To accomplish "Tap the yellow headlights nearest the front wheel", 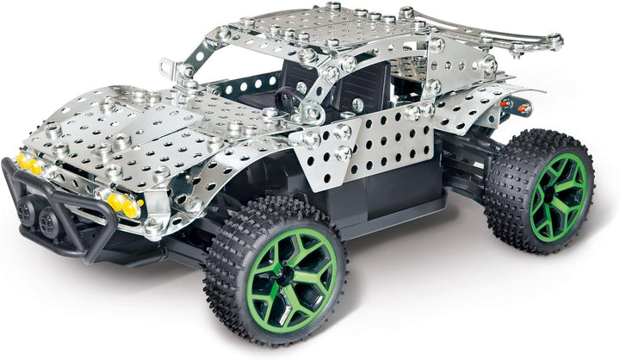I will click(x=121, y=204).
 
